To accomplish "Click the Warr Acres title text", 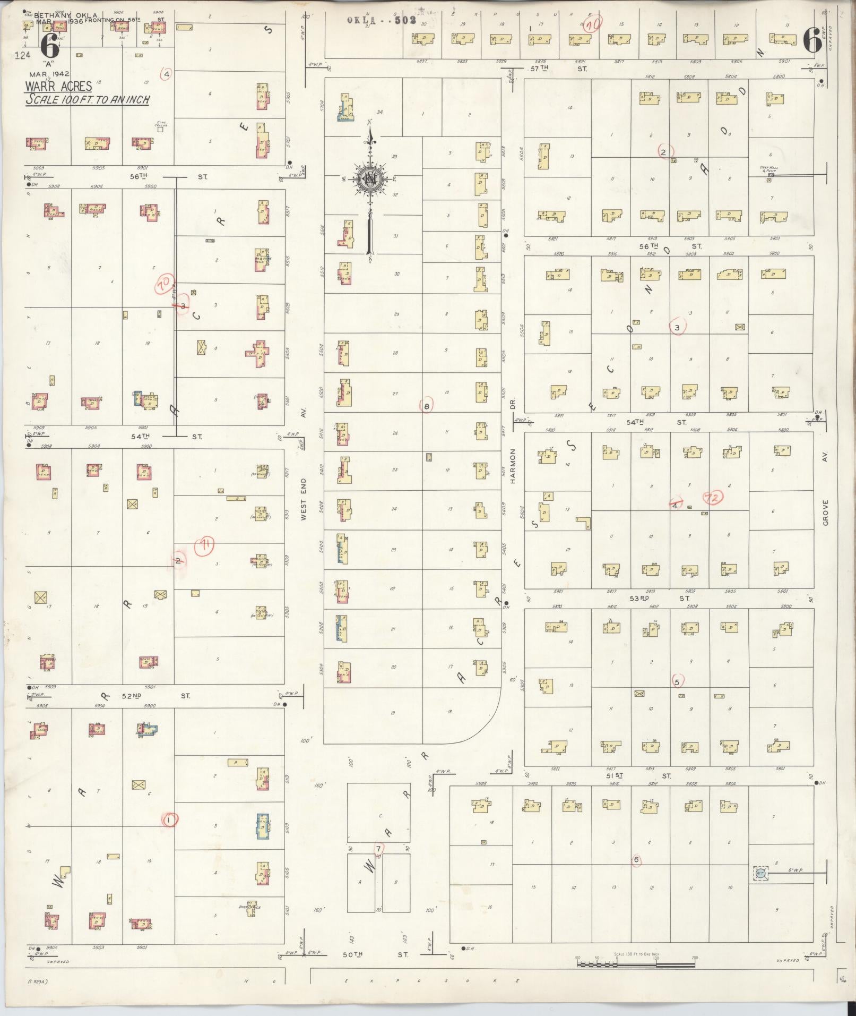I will tap(59, 86).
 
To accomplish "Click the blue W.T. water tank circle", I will tap(760, 873).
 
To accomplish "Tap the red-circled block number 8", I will tap(427, 407).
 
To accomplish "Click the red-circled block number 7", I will tap(378, 849).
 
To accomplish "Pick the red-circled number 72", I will tap(713, 498).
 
